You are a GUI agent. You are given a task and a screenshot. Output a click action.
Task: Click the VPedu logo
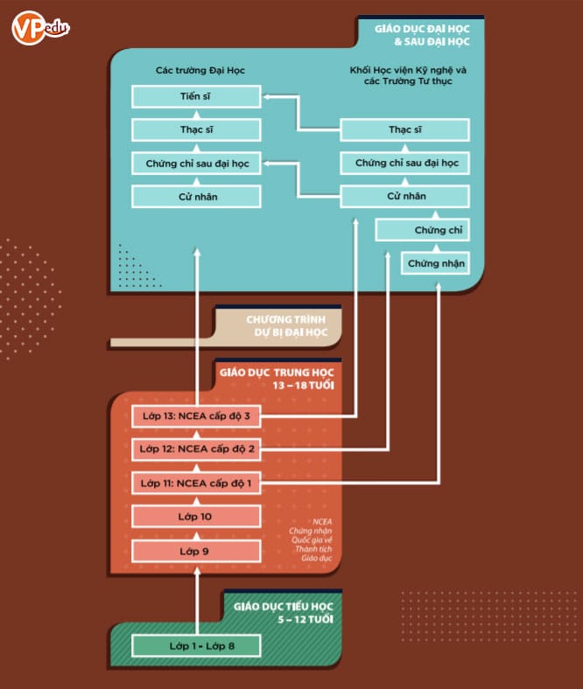click(x=40, y=28)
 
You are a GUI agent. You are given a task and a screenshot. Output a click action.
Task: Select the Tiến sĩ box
click(x=196, y=97)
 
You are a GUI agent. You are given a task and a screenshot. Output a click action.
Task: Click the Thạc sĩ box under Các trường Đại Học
click(x=196, y=130)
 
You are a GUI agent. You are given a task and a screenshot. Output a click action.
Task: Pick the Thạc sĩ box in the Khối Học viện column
click(x=404, y=129)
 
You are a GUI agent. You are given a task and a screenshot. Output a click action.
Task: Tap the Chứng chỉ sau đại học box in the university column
click(x=196, y=164)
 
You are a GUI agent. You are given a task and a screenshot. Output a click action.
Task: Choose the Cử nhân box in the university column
click(x=196, y=197)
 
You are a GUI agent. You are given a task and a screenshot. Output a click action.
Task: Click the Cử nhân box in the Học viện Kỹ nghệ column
click(x=404, y=197)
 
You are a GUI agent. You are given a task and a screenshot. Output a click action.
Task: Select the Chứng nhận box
click(x=436, y=263)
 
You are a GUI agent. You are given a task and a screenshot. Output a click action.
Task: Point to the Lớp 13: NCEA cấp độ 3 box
click(x=196, y=416)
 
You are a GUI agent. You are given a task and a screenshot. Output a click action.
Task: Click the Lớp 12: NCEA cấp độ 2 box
click(x=196, y=449)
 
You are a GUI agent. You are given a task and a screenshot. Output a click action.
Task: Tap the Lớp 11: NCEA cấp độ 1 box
click(x=196, y=484)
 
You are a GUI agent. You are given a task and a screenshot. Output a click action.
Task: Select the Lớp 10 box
click(x=196, y=517)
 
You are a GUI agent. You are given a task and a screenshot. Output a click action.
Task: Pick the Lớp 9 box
click(x=196, y=552)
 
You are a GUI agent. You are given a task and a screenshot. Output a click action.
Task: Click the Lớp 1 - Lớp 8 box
click(x=196, y=646)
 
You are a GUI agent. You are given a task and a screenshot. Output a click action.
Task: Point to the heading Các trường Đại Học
click(x=200, y=70)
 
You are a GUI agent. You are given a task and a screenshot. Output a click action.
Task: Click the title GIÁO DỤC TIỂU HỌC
click(x=284, y=607)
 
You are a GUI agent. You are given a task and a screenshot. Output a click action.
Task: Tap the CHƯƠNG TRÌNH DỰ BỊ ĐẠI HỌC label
click(x=286, y=325)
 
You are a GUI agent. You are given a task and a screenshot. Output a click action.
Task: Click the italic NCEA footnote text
click(x=311, y=539)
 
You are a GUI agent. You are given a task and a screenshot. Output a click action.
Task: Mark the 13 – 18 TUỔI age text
click(x=304, y=386)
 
